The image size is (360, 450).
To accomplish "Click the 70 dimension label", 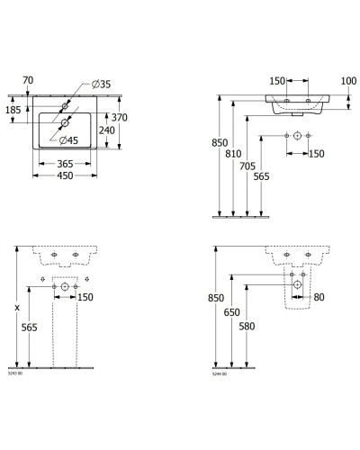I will pos(28,80).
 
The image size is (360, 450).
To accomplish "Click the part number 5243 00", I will pos(15,372).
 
